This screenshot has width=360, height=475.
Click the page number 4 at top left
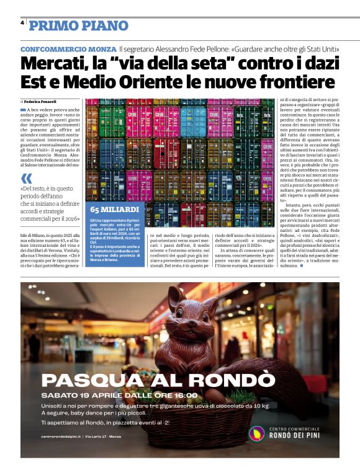[x=22, y=22]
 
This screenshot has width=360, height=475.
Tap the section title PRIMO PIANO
[x=79, y=25]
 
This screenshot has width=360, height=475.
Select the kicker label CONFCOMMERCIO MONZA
[x=68, y=49]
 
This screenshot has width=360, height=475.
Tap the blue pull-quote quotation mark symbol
[x=26, y=179]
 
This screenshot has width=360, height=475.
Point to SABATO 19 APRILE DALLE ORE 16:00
[x=119, y=395]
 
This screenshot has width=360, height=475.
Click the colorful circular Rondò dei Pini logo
[x=256, y=433]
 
